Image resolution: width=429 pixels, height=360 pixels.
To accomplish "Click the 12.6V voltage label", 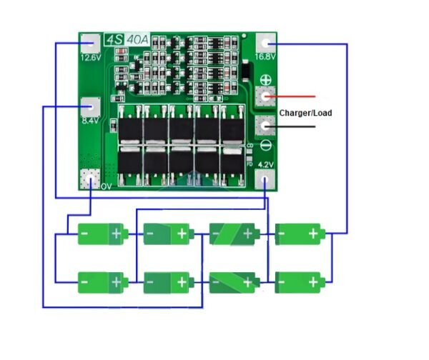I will (91, 58).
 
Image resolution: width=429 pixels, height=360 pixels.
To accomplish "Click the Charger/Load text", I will (305, 113).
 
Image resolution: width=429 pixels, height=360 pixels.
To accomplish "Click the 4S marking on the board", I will (113, 40).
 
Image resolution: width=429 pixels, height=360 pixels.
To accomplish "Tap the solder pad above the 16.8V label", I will (266, 42).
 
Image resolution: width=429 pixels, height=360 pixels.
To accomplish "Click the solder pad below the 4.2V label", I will (266, 179).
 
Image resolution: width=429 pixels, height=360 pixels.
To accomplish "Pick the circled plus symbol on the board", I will (266, 80).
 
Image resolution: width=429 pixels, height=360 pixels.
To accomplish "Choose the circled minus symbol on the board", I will (266, 146).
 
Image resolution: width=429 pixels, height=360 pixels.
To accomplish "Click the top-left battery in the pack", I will (102, 234).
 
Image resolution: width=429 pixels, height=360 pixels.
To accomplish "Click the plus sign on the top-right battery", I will (313, 234).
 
